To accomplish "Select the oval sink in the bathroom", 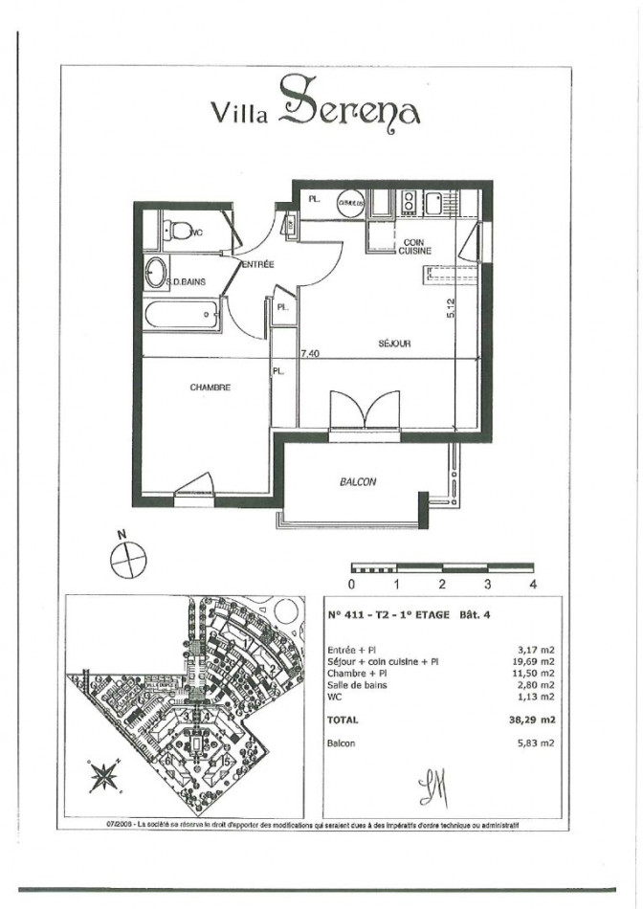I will tap(154, 273).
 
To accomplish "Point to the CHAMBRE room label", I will tap(211, 388).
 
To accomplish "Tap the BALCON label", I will tap(358, 482).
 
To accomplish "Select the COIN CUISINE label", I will tap(416, 246).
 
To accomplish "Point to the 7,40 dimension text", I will tap(309, 353).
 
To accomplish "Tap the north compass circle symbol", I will tap(125, 559).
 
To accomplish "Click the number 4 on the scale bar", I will tap(532, 583).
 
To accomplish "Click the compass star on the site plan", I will tap(102, 774).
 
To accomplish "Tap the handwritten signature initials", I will tap(433, 788).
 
